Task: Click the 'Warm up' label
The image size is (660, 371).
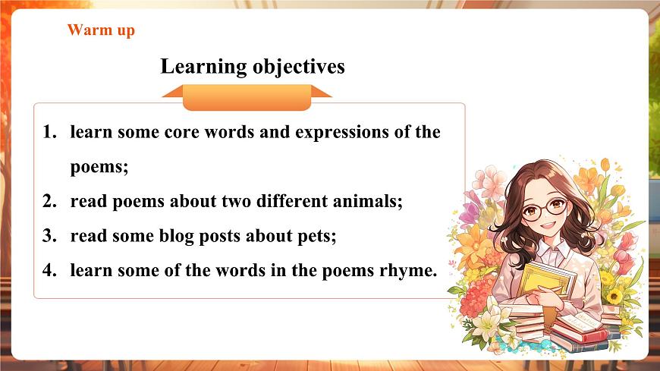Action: pos(101,30)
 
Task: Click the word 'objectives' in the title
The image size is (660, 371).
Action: pos(299,67)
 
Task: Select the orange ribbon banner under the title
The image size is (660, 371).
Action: pos(247,96)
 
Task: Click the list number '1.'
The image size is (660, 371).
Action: pos(50,132)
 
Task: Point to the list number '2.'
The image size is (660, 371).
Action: pos(50,202)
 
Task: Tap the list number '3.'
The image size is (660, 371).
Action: pos(50,236)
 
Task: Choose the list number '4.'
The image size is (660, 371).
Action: pos(50,270)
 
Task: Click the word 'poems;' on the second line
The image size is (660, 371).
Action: pos(99,167)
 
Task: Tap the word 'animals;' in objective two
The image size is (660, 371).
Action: pos(369,202)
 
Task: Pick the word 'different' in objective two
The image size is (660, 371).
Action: pos(291,202)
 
